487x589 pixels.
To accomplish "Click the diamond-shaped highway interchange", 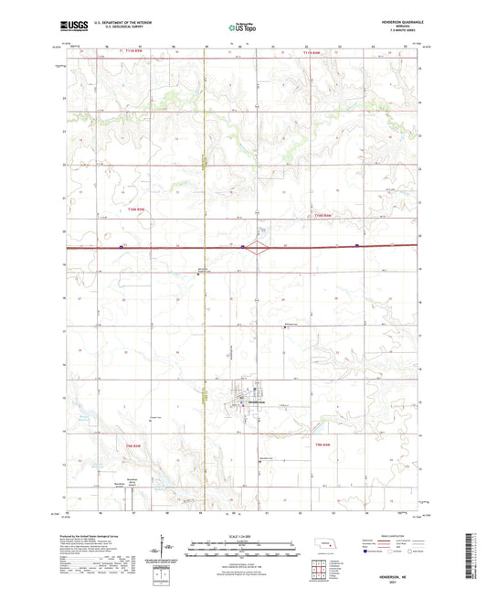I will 261,246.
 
